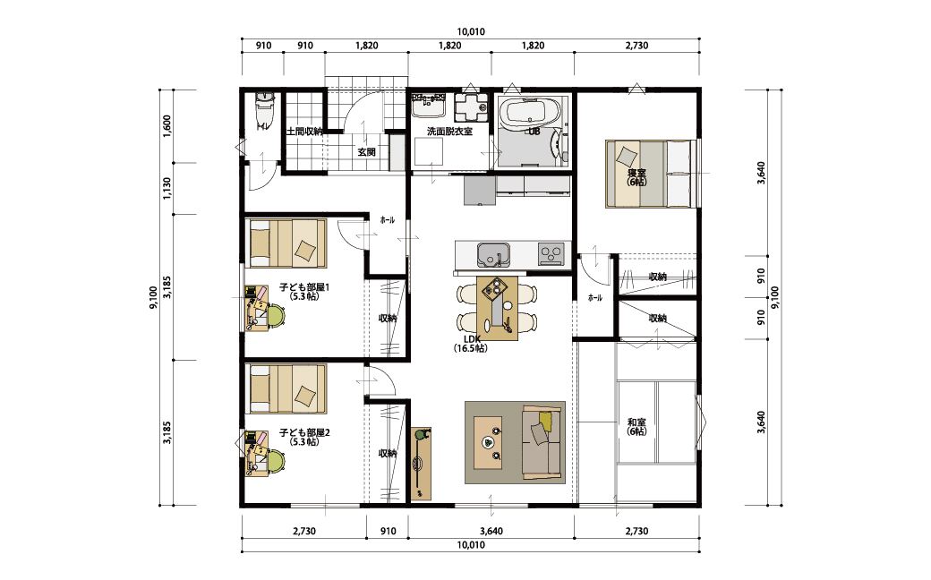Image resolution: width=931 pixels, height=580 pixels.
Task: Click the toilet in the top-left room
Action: point(263,110)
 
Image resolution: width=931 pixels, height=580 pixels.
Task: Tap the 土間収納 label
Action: point(304,132)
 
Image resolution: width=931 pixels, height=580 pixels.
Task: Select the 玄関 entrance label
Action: point(366,152)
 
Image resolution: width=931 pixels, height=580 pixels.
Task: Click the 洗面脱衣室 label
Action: point(449,132)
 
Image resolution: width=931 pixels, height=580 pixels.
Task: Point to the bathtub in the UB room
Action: point(529,113)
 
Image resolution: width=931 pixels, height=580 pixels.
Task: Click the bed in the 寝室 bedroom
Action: point(650,174)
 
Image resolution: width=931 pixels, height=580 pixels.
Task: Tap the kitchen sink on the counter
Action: point(493,255)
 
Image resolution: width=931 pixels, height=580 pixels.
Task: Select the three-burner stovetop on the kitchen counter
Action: point(551,254)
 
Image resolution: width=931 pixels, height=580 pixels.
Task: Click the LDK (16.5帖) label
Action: point(471,344)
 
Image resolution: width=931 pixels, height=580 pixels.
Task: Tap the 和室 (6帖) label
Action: point(636,427)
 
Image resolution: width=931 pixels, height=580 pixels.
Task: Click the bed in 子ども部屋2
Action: point(287,388)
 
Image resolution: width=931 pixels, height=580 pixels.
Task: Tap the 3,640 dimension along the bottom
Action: point(491,532)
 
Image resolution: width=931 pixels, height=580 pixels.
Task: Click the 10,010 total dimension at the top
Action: point(470,32)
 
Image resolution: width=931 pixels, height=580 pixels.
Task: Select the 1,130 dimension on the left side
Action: point(167,188)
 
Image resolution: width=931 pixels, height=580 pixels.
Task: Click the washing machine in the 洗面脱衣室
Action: point(471,107)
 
